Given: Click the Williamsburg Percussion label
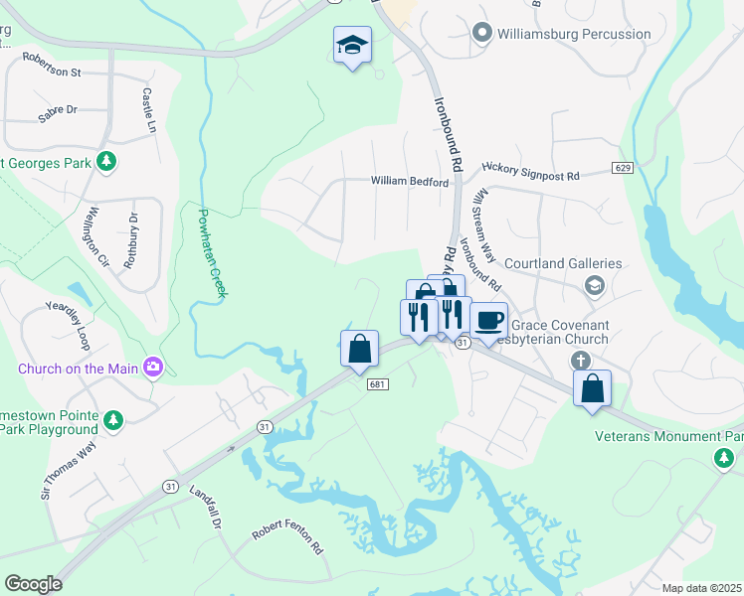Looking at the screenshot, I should [x=575, y=34].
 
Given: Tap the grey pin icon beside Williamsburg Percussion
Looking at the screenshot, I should [x=483, y=34].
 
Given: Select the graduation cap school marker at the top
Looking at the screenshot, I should [x=351, y=46].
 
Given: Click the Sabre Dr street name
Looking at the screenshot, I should [x=58, y=110].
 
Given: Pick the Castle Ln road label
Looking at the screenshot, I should [x=149, y=111].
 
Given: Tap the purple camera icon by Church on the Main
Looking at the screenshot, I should [x=152, y=368].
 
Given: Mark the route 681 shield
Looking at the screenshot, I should [x=375, y=384].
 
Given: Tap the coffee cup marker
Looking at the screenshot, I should [x=488, y=321].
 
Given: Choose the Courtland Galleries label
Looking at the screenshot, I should [x=563, y=263].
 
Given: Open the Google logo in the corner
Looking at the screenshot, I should [x=33, y=583].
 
